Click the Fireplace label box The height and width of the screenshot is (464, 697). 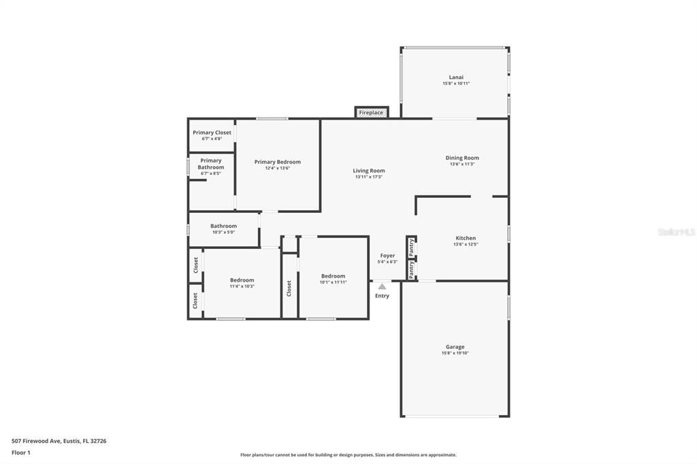371,112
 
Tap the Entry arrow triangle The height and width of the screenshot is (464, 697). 382,286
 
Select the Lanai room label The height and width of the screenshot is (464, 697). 456,77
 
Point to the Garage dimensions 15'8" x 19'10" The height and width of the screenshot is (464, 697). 455,353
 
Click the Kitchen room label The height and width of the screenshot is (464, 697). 466,238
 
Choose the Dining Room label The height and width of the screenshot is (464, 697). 462,158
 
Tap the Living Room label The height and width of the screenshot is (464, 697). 369,171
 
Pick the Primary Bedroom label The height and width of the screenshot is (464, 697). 278,162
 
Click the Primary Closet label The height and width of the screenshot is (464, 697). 212,133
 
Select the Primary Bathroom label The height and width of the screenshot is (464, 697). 211,164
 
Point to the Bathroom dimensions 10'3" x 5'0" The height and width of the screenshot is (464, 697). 223,232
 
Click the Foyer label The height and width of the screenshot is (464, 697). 387,256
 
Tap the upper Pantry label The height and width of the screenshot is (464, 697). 411,247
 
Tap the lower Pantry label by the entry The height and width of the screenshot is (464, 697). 411,270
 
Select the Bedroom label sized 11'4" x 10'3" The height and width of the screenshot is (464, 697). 242,280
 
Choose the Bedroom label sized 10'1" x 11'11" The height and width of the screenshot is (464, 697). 334,276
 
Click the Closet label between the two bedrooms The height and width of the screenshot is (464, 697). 289,288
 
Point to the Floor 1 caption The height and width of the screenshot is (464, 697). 21,452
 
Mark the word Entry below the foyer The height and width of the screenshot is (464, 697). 382,296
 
